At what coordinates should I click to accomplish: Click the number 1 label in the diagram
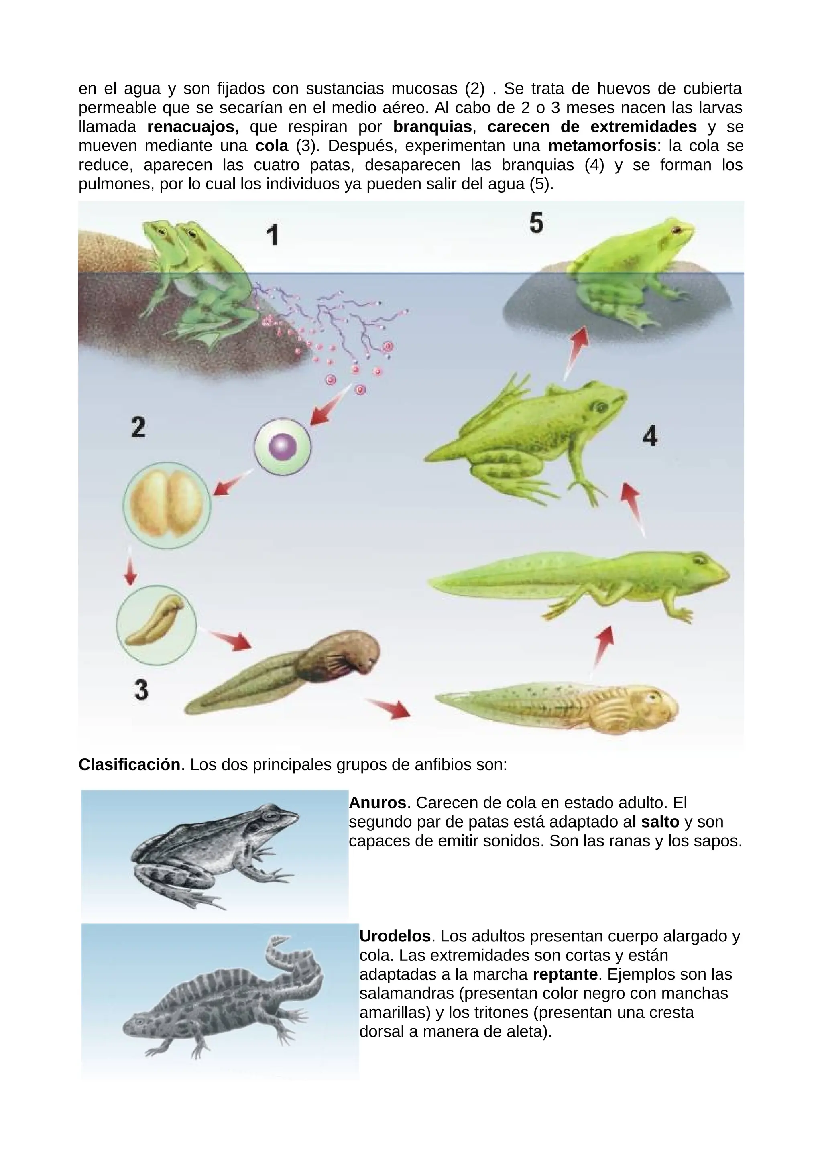[x=273, y=236]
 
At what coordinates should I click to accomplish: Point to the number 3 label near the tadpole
[x=141, y=690]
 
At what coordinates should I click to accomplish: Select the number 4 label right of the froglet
[x=650, y=436]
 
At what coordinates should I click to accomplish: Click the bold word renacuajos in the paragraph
[x=193, y=127]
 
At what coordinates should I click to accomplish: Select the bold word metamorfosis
[x=602, y=146]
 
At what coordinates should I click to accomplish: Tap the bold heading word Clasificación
[x=129, y=764]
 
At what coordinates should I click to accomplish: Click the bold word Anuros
[x=377, y=803]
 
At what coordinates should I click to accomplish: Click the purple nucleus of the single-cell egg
[x=282, y=447]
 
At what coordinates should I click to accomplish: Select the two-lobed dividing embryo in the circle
[x=167, y=505]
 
